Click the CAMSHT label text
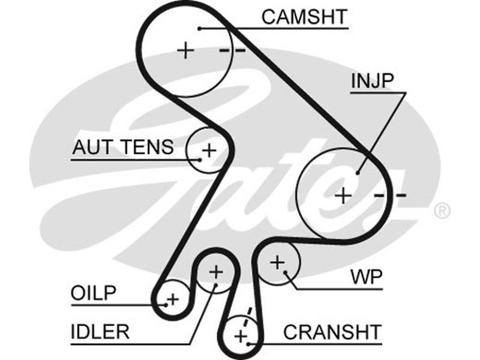pos(304,17)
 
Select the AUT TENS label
pos(123,147)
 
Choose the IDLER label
pos(100,332)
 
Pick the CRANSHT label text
pos(332,331)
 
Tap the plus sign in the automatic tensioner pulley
pos(209,149)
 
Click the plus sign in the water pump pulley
pos(277,262)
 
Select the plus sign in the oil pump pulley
pos(173,298)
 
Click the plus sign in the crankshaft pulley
pos(241,335)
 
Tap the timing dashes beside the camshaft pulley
pos(232,50)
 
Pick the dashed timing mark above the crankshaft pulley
pos(245,314)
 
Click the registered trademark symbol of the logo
pos(442,211)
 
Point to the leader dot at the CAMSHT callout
pos(199,28)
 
